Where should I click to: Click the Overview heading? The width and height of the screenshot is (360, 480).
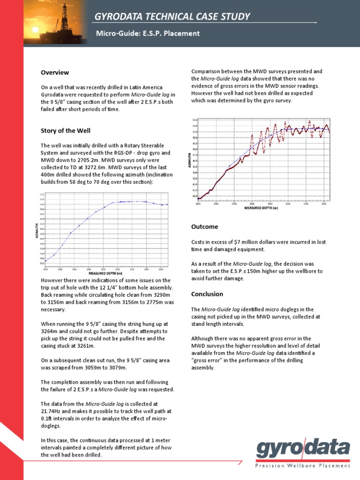(x=55, y=73)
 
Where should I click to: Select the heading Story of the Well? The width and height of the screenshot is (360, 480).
(x=66, y=130)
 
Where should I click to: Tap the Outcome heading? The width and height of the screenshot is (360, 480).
(x=205, y=227)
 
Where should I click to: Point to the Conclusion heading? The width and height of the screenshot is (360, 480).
(x=207, y=294)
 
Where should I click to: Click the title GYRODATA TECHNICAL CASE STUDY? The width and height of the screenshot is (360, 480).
(x=172, y=17)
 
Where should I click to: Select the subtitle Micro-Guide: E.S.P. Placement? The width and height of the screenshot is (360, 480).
(x=148, y=33)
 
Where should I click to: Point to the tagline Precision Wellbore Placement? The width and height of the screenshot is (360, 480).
(x=303, y=465)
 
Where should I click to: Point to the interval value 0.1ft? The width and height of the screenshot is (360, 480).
(x=47, y=419)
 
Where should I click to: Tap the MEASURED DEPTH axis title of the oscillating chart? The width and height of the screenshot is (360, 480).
(x=261, y=208)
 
